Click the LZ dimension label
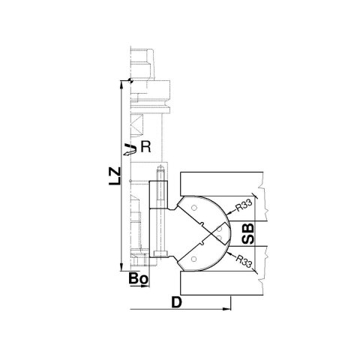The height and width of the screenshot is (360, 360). click(115, 176)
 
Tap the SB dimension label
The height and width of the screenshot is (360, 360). click(248, 234)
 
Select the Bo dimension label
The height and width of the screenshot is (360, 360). click(138, 278)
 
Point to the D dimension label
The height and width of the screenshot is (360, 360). click(176, 302)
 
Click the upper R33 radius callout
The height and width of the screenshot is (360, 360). click(244, 205)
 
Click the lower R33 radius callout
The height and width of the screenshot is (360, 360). click(244, 261)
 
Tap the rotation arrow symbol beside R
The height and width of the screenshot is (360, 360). click(130, 149)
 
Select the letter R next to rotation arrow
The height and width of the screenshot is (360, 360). click(145, 147)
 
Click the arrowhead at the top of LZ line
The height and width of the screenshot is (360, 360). click(121, 84)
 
